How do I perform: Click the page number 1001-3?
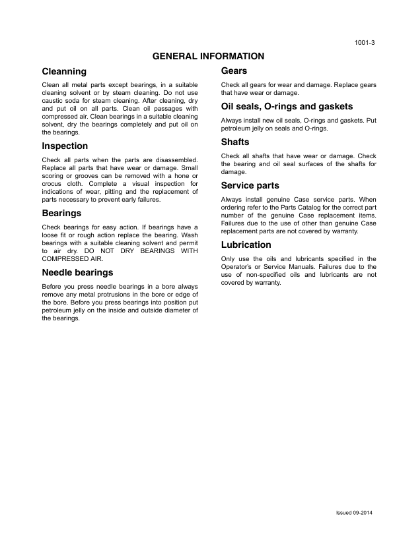coord(365,43)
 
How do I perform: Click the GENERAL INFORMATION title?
coord(208,57)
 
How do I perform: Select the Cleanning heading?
coord(64,71)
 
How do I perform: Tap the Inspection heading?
coord(65,146)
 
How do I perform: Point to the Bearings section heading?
coord(61,214)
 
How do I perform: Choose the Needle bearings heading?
coord(77,272)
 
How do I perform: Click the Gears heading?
coord(234,71)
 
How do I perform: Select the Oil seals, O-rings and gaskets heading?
coord(287,107)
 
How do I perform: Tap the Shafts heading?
coord(235,142)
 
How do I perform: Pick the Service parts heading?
coord(250,186)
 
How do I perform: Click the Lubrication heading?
coord(246,245)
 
